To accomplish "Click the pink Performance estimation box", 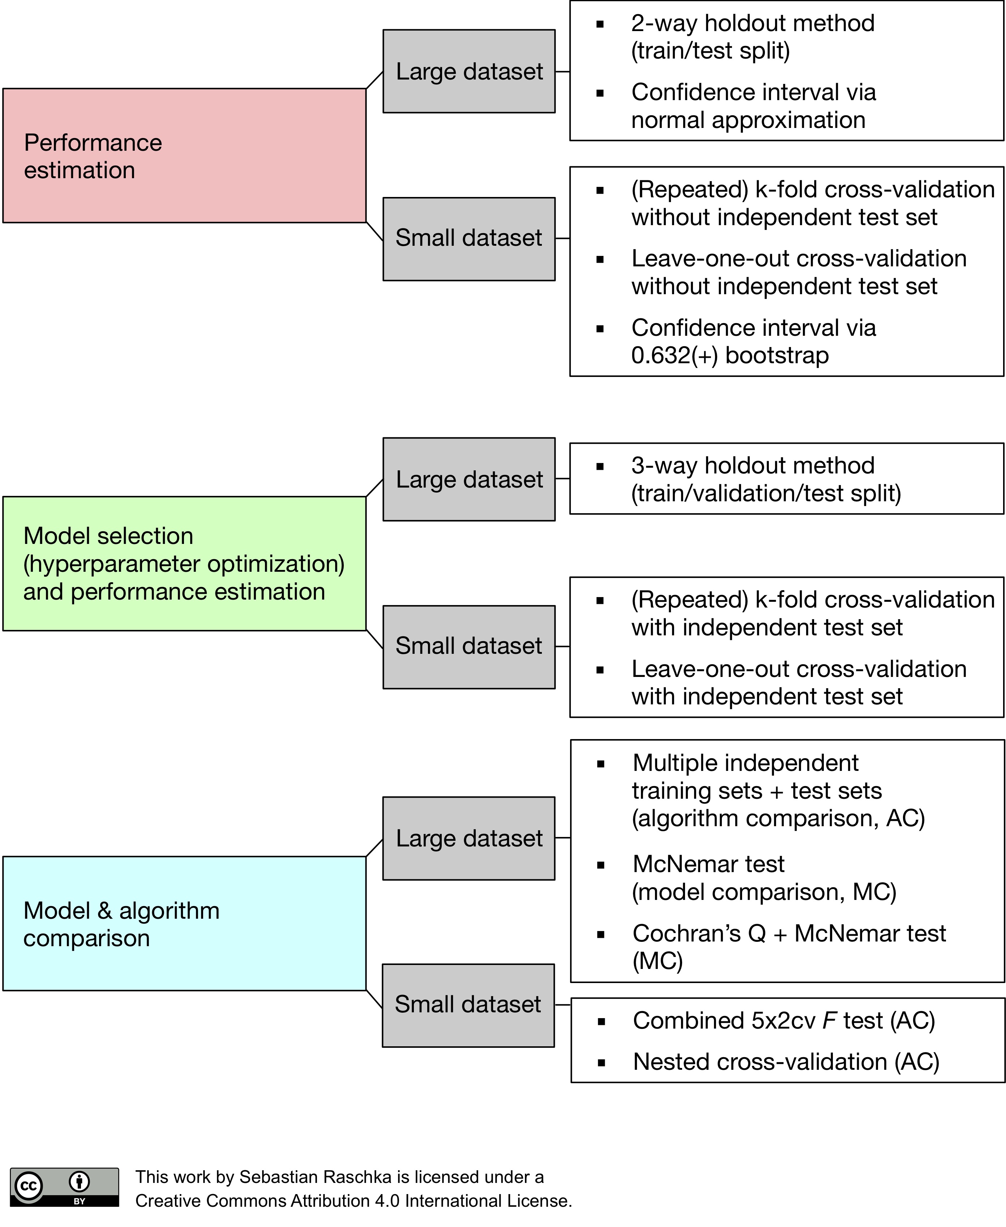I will pyautogui.click(x=184, y=155).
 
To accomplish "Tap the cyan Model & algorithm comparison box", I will pyautogui.click(x=184, y=923).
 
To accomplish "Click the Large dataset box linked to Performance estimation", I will pyautogui.click(x=469, y=71).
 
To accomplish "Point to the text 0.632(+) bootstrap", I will pyautogui.click(x=729, y=355).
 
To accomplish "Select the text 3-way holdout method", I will pyautogui.click(x=752, y=466).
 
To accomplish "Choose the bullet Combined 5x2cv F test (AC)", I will pyautogui.click(x=783, y=1020).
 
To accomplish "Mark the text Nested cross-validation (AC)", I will pyautogui.click(x=786, y=1062).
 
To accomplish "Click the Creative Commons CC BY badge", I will pyautogui.click(x=64, y=1187).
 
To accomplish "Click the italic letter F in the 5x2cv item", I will pyautogui.click(x=829, y=1020).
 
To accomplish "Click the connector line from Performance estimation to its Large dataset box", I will pyautogui.click(x=374, y=80).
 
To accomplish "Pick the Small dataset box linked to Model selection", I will pyautogui.click(x=469, y=647).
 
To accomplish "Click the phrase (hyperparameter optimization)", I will pyautogui.click(x=184, y=564).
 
